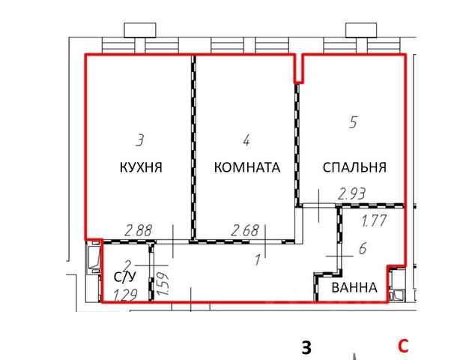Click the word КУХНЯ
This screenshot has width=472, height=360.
coord(141,167)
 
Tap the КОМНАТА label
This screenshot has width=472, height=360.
coord(247,167)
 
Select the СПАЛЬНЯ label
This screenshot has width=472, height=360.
coord(354,167)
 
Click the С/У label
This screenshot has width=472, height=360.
coord(124,278)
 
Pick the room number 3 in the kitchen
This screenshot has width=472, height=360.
coord(140,139)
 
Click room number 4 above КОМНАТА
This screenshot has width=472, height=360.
coord(246,139)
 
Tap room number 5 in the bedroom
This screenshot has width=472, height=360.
coord(353,122)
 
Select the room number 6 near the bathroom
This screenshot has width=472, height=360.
coord(362,248)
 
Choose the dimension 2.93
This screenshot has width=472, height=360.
coord(351,194)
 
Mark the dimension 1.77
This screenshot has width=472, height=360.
coord(375,220)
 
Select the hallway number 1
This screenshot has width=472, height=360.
coord(257,260)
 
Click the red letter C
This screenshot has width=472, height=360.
coord(403,346)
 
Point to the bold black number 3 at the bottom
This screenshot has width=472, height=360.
coord(306,347)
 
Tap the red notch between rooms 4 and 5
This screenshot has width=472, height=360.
coord(297,68)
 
